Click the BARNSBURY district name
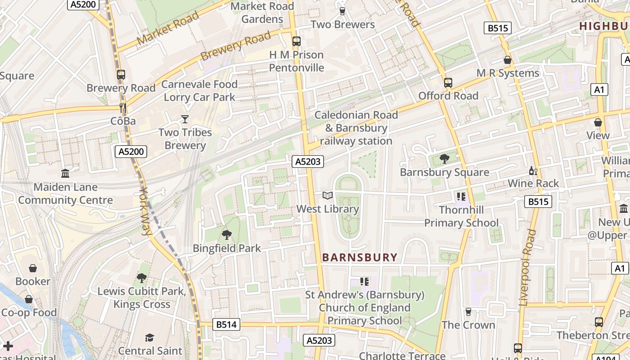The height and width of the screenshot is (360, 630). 360,257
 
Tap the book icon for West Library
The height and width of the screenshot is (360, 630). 328,196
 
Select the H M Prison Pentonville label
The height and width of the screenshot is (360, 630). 297,61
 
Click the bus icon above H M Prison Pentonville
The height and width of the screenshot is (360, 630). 297,41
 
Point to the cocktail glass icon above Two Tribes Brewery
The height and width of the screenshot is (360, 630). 184,119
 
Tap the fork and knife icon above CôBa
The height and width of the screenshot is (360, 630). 122,108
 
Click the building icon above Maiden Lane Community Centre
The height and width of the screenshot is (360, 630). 65,173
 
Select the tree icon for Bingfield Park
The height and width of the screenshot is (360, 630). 227,234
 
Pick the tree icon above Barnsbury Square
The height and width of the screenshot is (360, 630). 445,158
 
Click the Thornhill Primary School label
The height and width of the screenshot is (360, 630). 461,216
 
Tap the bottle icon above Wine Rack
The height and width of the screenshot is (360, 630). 533,171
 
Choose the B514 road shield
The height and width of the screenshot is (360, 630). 226,324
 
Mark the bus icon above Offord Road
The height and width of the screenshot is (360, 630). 448,83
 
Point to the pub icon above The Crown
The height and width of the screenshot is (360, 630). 468,312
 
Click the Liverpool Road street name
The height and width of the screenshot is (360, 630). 527,268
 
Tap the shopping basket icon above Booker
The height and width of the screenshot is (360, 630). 33,269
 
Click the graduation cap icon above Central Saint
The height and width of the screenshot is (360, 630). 150,337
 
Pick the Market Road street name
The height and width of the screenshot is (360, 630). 168,28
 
